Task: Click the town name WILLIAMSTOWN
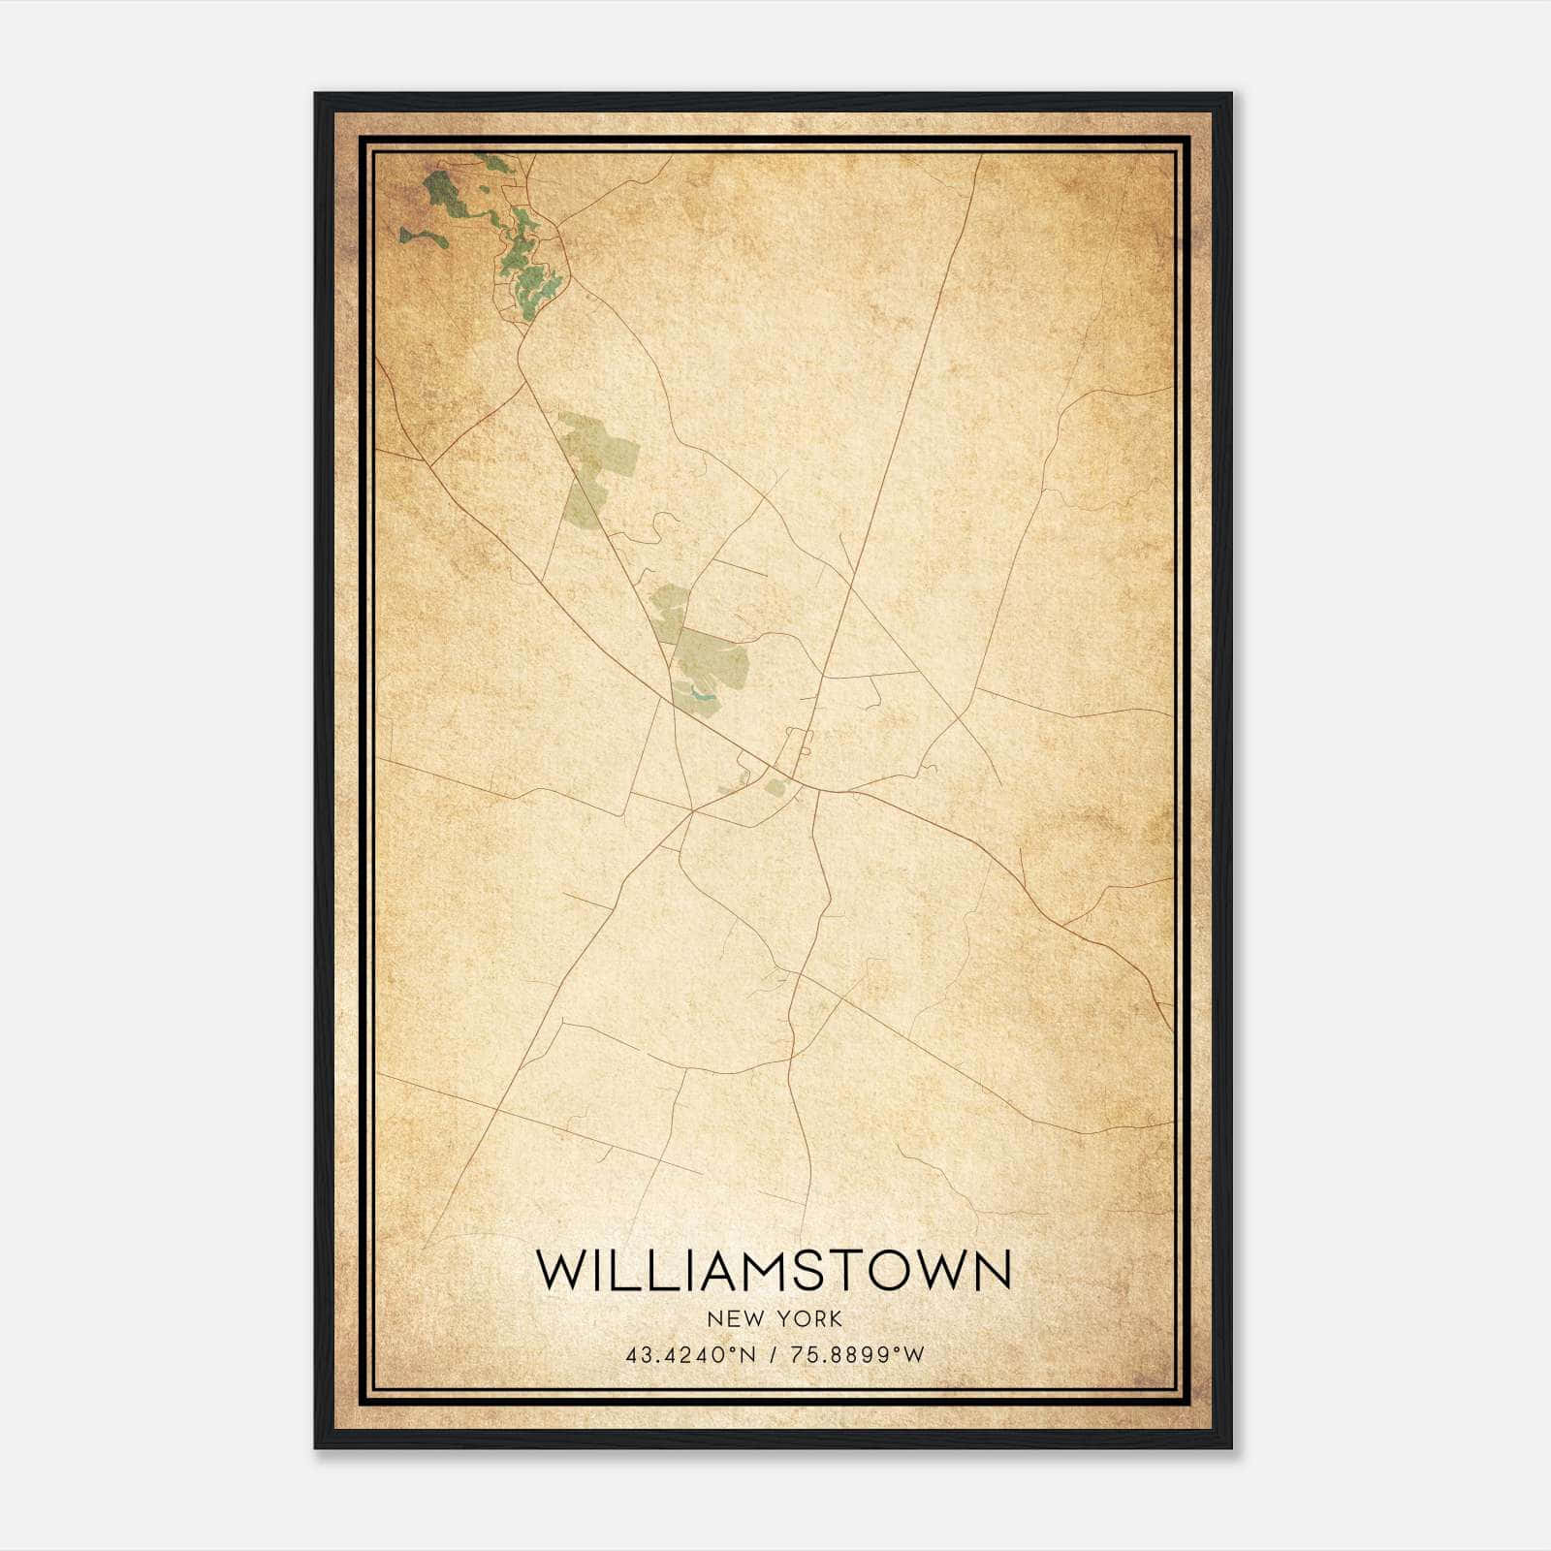(773, 1270)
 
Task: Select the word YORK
(809, 1318)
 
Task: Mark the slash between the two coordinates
(774, 1355)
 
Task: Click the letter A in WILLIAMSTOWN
(720, 1270)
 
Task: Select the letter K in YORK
(835, 1318)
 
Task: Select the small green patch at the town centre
(775, 787)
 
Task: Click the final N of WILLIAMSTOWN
(993, 1270)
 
